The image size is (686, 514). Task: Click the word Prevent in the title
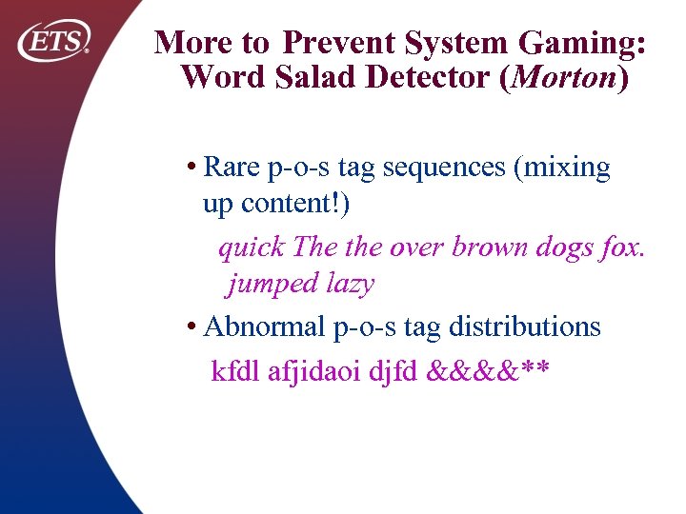click(x=339, y=43)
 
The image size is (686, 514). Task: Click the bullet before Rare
click(x=192, y=168)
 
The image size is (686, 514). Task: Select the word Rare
click(x=233, y=168)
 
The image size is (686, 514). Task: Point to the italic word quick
click(x=252, y=247)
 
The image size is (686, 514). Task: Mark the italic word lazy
click(x=350, y=284)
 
